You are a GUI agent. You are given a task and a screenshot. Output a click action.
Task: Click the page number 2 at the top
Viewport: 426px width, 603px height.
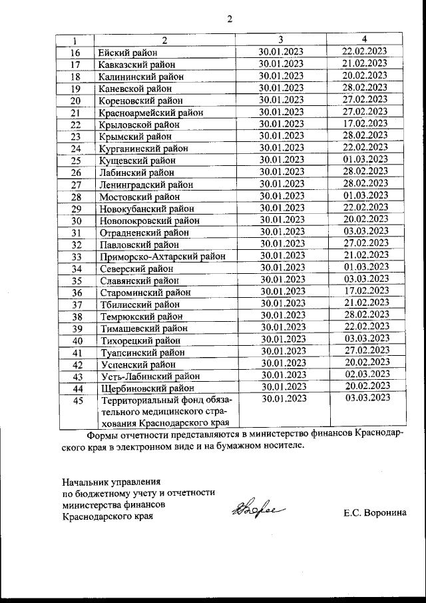230,19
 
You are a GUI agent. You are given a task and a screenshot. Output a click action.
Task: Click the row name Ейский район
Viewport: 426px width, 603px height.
128,53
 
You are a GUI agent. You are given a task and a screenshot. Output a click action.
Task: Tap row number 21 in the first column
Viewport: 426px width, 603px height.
75,113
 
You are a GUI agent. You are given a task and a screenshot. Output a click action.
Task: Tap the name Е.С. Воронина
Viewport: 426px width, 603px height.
375,513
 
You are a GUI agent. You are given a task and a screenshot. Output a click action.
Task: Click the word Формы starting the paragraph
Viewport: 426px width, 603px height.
103,434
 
